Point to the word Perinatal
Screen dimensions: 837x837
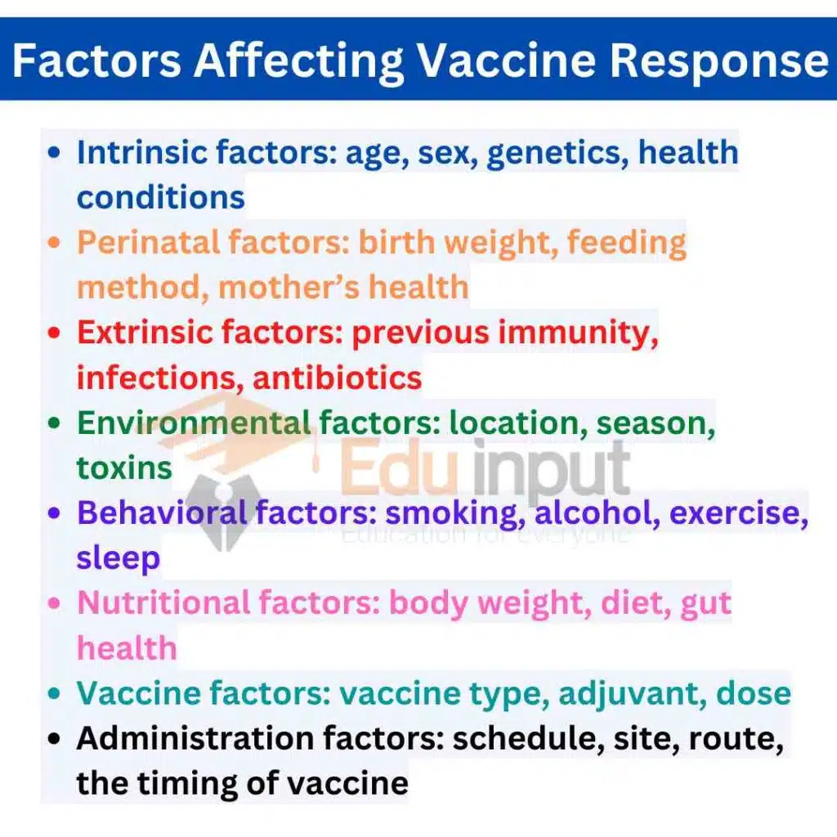click(x=148, y=243)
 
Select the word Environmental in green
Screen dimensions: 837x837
click(x=194, y=423)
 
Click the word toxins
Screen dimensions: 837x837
click(x=124, y=468)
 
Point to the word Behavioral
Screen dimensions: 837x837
click(x=162, y=512)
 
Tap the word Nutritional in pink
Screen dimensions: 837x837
click(x=163, y=602)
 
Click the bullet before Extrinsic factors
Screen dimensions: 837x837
click(x=54, y=333)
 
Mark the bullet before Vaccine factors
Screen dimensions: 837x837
click(x=54, y=694)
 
